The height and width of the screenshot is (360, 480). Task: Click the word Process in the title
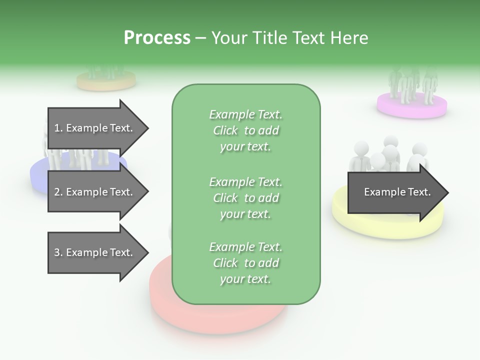click(x=157, y=37)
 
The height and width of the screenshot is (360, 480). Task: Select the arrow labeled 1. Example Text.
click(x=98, y=128)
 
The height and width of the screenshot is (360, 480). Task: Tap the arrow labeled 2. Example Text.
click(x=98, y=191)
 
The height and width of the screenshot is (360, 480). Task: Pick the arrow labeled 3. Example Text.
click(x=98, y=252)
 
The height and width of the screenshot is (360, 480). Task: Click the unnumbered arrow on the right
click(x=398, y=192)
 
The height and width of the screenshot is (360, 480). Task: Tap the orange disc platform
click(x=106, y=81)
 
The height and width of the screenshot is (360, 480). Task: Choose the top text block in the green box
click(x=246, y=130)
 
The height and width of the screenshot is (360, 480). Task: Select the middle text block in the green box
click(x=246, y=198)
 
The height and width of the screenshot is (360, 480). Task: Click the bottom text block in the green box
click(x=246, y=263)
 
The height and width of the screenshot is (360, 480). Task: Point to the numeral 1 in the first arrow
click(x=57, y=128)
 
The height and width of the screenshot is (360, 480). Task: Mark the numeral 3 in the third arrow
click(x=57, y=252)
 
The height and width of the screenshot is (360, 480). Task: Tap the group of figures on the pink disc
click(x=412, y=84)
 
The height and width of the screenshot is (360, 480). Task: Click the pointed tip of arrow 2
click(x=149, y=191)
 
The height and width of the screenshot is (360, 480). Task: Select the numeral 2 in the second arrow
click(x=57, y=192)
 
